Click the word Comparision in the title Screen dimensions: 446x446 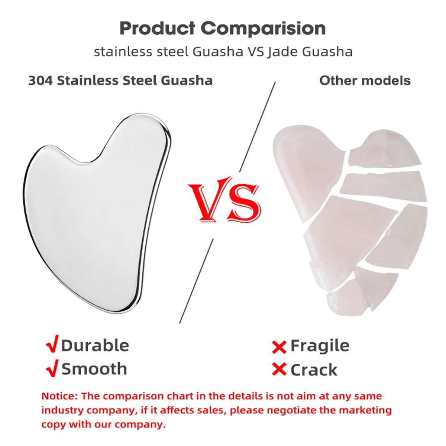coord(263,29)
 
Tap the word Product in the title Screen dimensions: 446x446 coord(157,28)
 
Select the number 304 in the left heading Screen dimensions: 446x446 coord(41,80)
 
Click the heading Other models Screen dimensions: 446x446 coord(365,80)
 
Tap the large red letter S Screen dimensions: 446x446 coord(243,203)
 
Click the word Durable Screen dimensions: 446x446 coord(95,345)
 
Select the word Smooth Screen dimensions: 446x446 coord(94,369)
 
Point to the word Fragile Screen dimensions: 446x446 coord(320,346)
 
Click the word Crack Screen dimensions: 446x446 coord(314,370)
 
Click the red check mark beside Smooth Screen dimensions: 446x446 coord(52,368)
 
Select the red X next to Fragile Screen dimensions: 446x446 coord(279,347)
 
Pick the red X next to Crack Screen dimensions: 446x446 coord(279,369)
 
